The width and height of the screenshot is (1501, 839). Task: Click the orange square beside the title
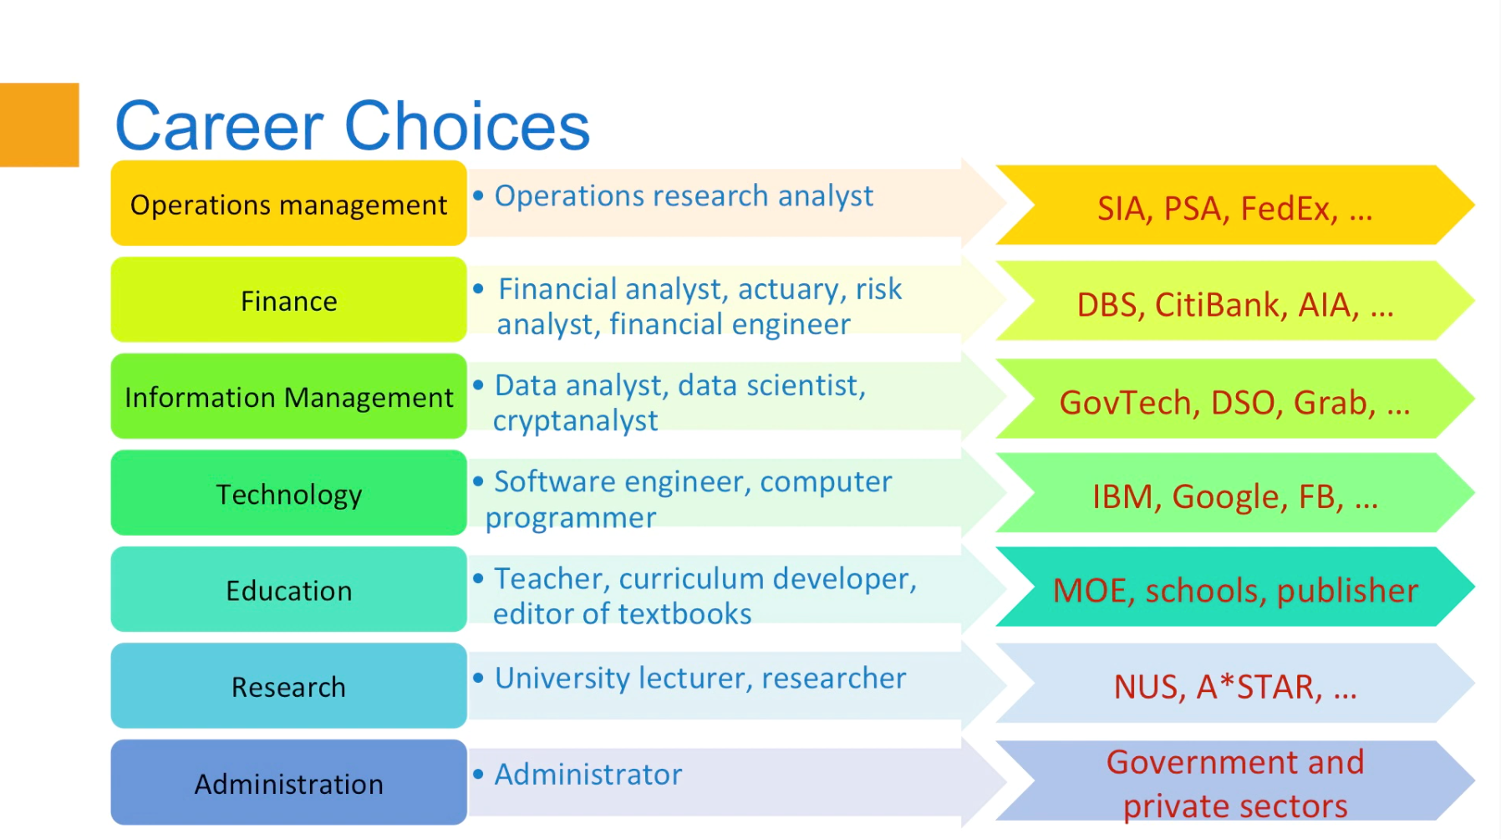(x=39, y=125)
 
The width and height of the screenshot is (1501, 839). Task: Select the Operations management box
(x=288, y=204)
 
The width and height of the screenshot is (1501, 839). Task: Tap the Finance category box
(x=288, y=301)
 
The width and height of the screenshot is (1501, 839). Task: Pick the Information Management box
(x=288, y=397)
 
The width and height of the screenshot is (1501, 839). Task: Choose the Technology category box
(x=288, y=494)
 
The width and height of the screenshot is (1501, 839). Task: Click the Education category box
(x=288, y=590)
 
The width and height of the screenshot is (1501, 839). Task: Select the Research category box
(x=288, y=686)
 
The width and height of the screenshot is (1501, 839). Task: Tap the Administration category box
(x=288, y=783)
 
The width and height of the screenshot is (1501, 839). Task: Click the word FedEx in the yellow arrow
(x=1288, y=209)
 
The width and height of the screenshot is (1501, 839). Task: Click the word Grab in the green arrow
(x=1334, y=403)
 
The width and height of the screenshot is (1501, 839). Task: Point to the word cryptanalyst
(x=575, y=420)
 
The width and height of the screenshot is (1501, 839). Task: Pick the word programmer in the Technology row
(x=571, y=518)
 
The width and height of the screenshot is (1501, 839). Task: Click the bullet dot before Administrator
(x=478, y=774)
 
